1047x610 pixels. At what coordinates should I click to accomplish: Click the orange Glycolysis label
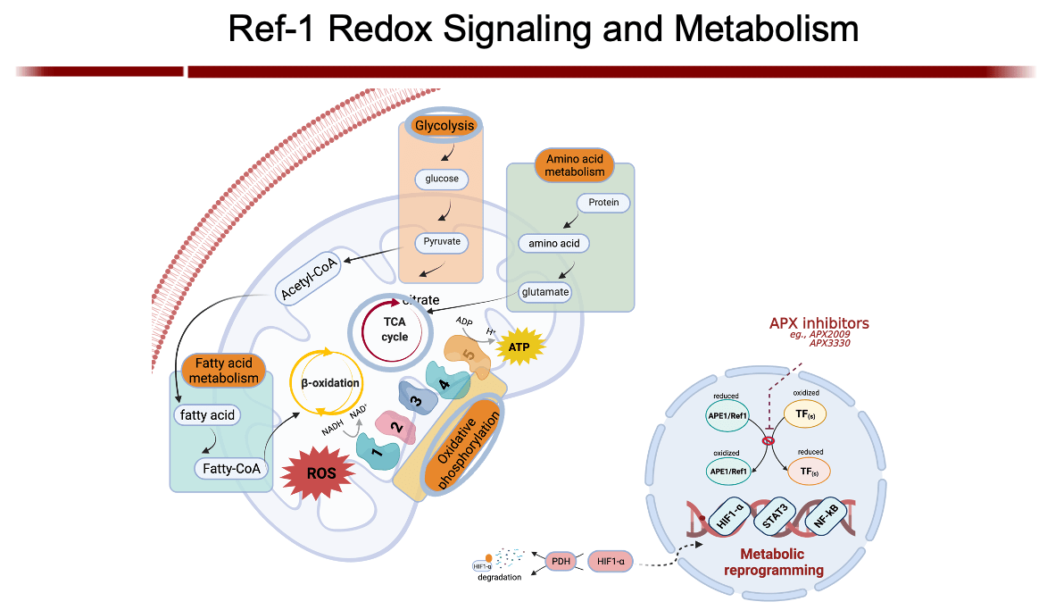point(444,126)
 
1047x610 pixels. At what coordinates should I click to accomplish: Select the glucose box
point(442,179)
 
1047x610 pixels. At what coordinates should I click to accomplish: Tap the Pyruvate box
point(443,241)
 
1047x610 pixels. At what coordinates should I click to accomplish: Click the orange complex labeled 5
point(466,355)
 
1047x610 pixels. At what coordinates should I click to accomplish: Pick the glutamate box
point(544,291)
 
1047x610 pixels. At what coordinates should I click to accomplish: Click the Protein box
point(603,203)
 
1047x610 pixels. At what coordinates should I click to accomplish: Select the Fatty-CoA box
point(230,468)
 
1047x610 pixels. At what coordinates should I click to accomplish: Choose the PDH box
point(561,563)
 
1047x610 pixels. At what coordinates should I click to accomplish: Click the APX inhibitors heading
point(819,323)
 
